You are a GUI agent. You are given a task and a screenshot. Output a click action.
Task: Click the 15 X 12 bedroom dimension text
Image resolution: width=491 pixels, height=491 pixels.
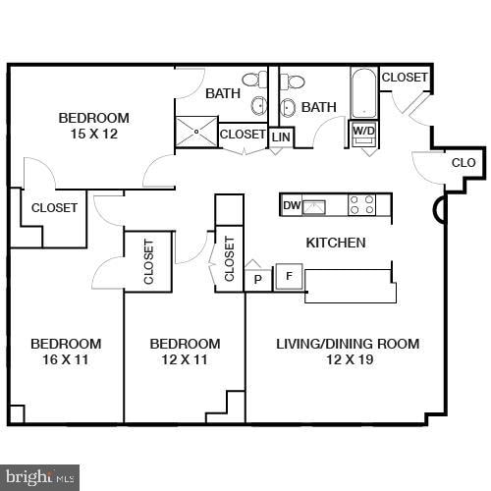point(93,135)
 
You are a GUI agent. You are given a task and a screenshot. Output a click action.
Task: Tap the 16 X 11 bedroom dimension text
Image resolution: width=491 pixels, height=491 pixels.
point(66,359)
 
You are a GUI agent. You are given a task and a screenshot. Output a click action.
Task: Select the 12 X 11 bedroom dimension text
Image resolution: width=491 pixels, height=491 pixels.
point(185,359)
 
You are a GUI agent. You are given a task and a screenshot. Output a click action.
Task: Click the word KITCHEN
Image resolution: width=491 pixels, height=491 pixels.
point(336,243)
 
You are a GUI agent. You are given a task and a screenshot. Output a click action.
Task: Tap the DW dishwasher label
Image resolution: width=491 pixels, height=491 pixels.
point(291,205)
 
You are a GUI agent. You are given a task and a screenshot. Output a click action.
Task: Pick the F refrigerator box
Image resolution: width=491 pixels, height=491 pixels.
point(289,277)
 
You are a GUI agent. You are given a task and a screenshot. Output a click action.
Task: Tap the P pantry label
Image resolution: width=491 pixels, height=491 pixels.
point(258,279)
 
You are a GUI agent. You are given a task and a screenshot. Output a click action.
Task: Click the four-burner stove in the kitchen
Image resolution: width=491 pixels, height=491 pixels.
point(362,204)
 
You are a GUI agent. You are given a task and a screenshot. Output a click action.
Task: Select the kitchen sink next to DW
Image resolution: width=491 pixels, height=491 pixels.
point(315,205)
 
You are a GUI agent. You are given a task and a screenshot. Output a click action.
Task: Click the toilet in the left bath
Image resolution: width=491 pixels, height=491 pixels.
point(251,80)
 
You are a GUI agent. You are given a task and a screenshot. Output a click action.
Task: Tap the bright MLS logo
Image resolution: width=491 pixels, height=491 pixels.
point(38,477)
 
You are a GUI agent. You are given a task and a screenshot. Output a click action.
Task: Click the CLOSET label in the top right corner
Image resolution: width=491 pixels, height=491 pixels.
point(405,78)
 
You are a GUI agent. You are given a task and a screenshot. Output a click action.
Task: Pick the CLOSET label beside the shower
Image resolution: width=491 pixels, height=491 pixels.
point(243,135)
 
